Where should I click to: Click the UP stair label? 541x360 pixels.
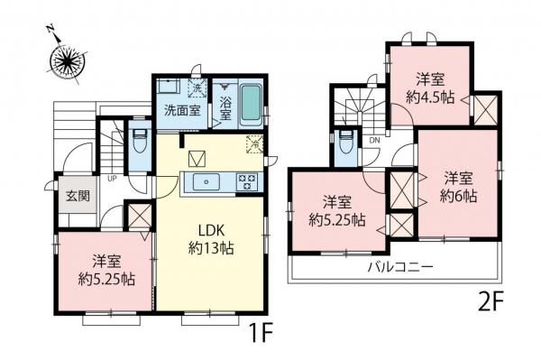click(x=111, y=179)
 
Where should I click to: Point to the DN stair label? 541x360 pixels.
click(x=373, y=140)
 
